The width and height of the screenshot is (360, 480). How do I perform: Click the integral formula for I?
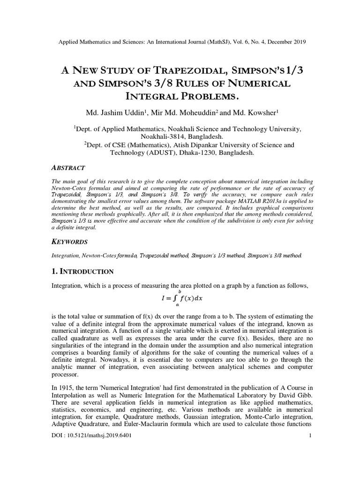point(180,298)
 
